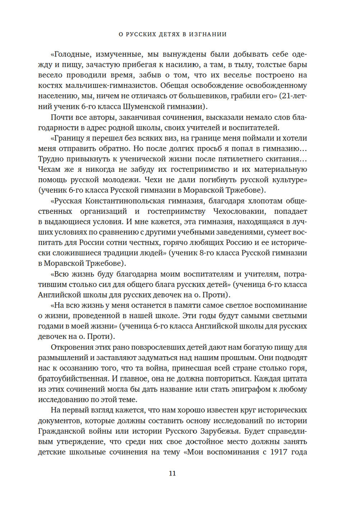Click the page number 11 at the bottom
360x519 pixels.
(172, 473)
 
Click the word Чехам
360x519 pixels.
(49, 170)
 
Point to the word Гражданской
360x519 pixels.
(62, 431)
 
